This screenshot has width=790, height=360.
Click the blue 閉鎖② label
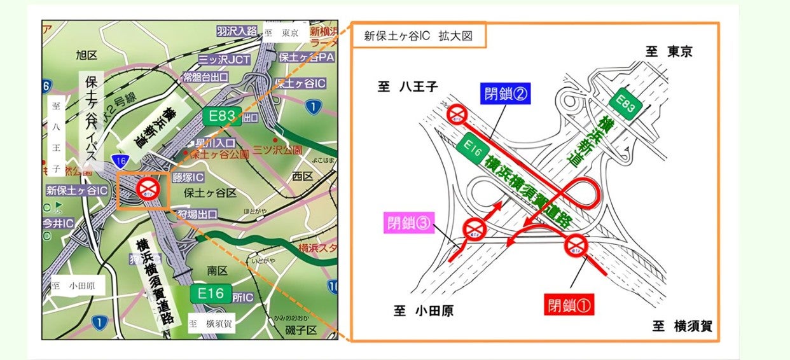tap(506, 95)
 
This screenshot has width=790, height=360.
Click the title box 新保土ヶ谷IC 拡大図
tap(418, 36)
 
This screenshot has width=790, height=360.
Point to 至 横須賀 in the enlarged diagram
tap(683, 326)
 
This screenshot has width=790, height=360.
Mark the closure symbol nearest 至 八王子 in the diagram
tap(457, 115)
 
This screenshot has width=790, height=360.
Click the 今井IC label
tap(59, 223)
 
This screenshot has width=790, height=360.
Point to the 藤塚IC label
tap(188, 177)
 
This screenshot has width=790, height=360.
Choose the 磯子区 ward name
tap(302, 330)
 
